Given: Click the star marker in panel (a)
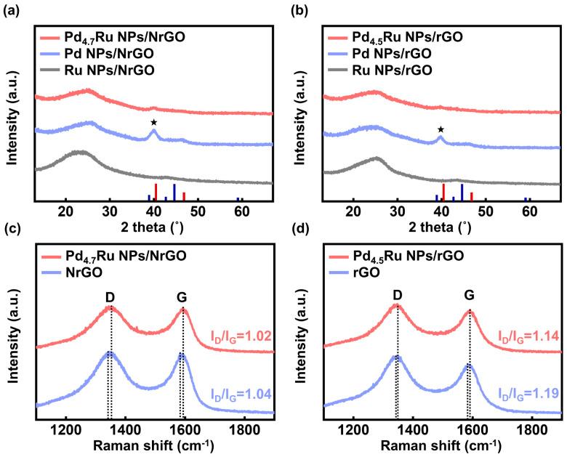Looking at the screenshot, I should (153, 121).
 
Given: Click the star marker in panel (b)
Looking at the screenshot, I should (441, 129).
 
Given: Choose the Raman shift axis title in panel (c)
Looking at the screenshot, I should (154, 444).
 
